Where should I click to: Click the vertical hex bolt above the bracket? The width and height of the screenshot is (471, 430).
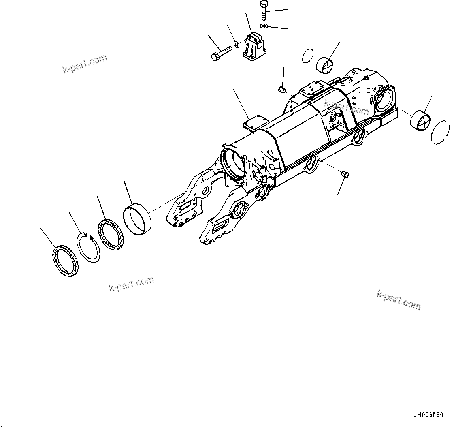[x=264, y=10]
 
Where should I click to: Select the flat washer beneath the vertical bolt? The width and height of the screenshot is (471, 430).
[x=264, y=26]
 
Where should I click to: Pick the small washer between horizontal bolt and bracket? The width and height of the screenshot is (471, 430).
[x=237, y=43]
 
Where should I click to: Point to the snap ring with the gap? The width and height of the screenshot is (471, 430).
[x=88, y=248]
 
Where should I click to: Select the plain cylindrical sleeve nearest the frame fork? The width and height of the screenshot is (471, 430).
[x=137, y=220]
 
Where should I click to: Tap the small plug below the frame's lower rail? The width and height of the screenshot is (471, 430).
[x=345, y=174]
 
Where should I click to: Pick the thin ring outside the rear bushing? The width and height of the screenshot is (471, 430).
[x=440, y=132]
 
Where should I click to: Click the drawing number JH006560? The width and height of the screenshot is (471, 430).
[x=428, y=415]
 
